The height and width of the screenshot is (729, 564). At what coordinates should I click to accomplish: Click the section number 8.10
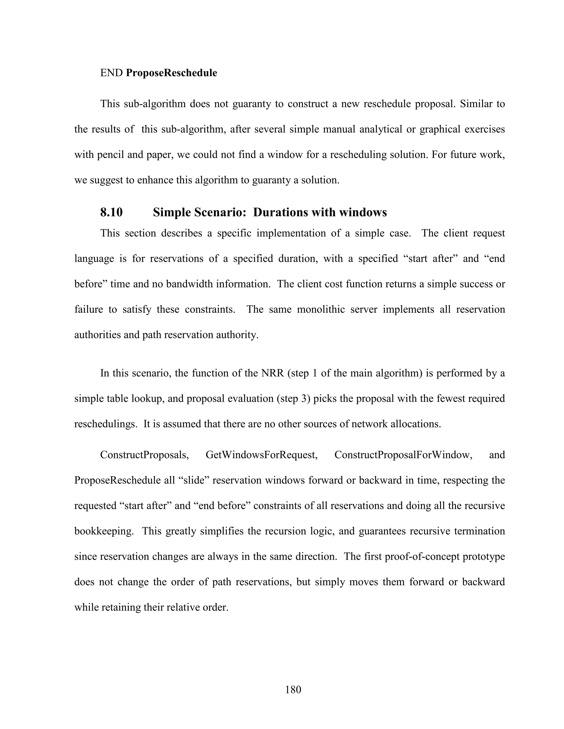click(111, 212)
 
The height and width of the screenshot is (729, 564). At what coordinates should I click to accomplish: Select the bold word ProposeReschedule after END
click(171, 73)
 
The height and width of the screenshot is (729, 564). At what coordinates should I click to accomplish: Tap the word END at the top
click(112, 73)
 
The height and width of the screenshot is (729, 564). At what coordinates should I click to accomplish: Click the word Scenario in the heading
click(221, 212)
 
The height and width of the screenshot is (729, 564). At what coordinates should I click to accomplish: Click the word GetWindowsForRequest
click(261, 455)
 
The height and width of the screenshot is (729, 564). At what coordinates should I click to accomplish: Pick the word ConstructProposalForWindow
click(403, 455)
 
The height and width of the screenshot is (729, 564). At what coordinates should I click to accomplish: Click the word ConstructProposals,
click(145, 455)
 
